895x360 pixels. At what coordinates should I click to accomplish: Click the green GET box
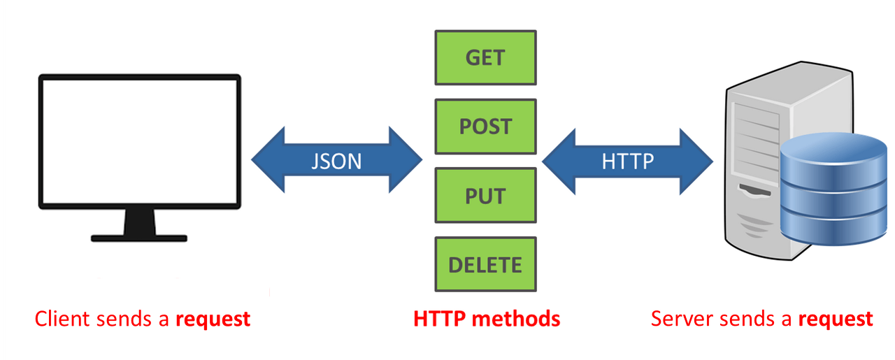click(x=485, y=57)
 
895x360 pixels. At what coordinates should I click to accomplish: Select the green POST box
click(x=485, y=127)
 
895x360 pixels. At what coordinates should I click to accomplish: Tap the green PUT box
click(x=485, y=196)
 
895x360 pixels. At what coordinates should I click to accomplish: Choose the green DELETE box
click(x=485, y=265)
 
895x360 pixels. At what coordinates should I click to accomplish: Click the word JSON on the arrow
click(x=336, y=161)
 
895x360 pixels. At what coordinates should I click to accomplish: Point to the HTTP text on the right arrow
click(x=628, y=161)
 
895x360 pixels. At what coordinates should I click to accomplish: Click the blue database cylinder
click(x=832, y=189)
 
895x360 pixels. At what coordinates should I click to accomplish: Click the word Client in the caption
click(x=62, y=319)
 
